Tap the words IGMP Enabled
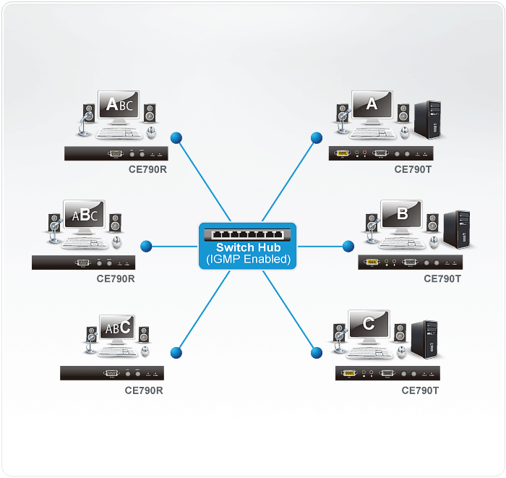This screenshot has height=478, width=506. click(248, 259)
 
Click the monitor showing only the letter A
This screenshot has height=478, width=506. click(372, 106)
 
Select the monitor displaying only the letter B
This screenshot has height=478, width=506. click(401, 215)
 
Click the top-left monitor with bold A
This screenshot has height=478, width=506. click(119, 106)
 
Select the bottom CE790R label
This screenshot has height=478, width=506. click(144, 390)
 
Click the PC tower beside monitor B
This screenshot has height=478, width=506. click(457, 229)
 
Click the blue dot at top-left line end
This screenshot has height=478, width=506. click(176, 137)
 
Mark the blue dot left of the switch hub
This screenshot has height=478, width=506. click(146, 247)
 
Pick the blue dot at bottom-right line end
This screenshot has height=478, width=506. click(317, 353)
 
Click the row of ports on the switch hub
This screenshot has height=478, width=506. click(248, 234)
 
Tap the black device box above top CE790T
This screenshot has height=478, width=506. click(381, 153)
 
